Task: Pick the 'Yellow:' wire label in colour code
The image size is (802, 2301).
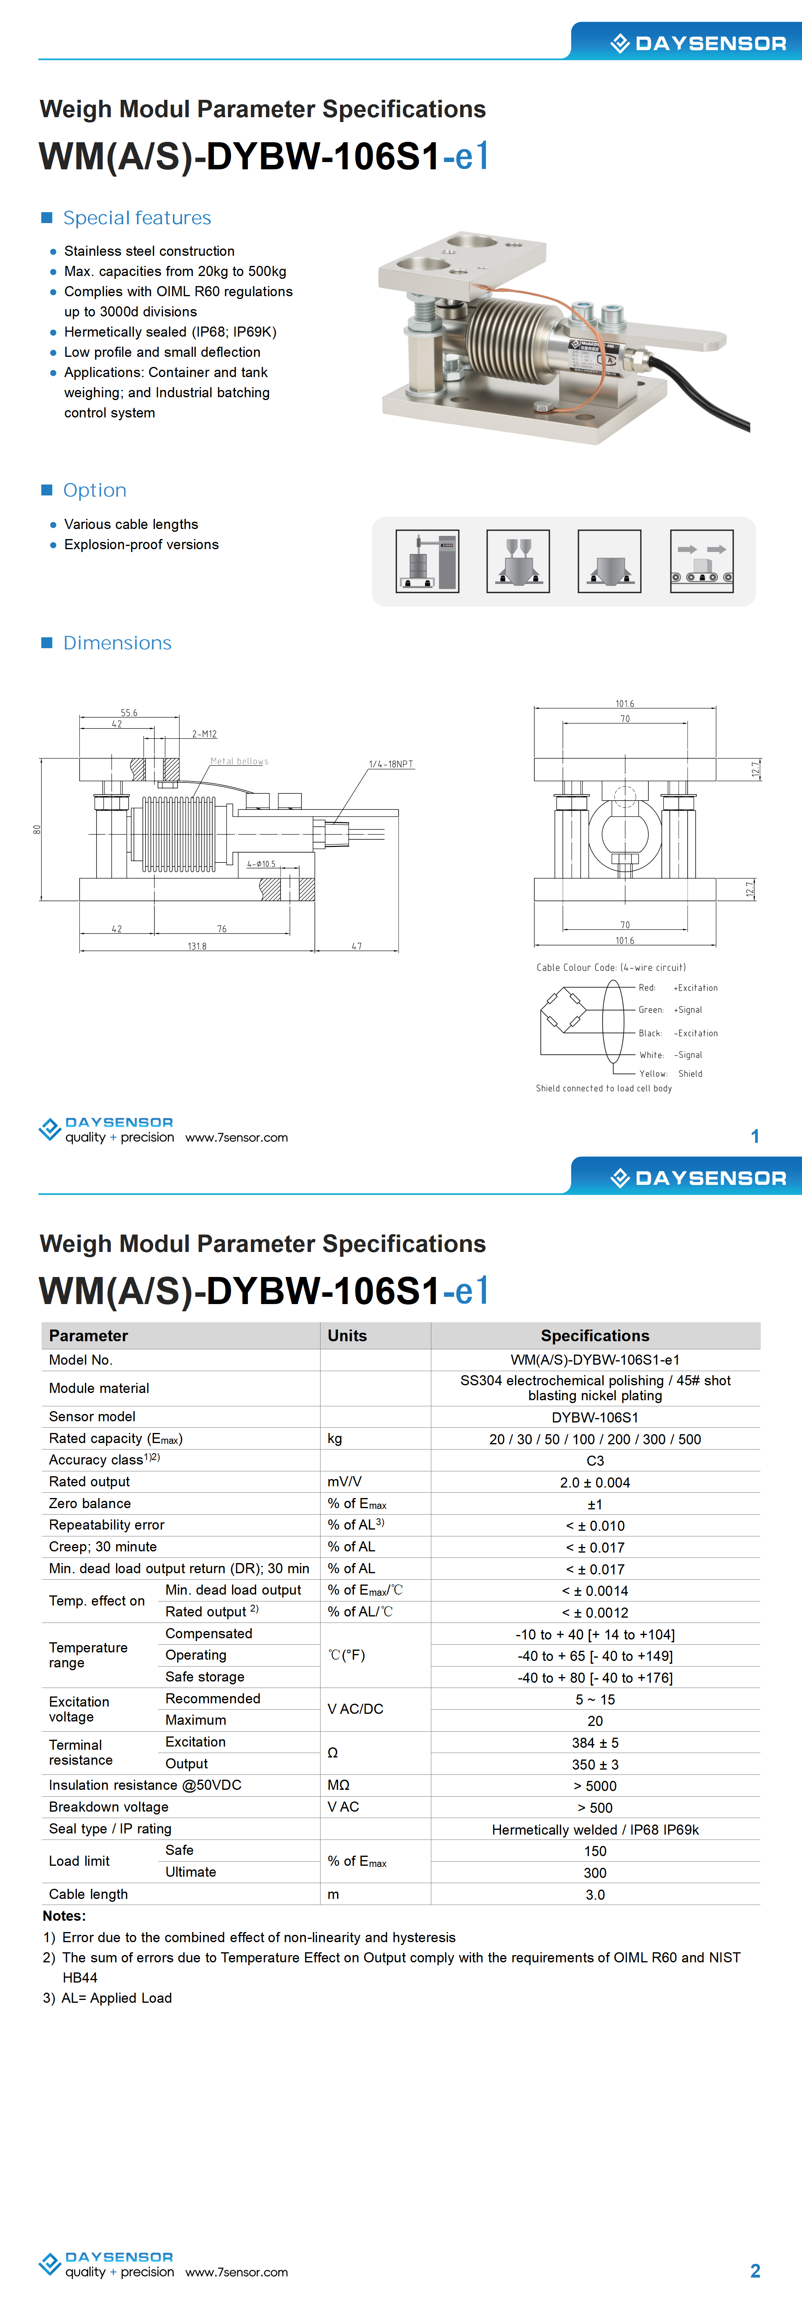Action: pos(653,1074)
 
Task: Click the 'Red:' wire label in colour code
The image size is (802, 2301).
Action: pos(647,988)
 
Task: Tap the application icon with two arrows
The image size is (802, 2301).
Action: pos(702,561)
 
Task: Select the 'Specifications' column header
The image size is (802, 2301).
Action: pos(595,1336)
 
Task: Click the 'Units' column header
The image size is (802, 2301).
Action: pos(347,1336)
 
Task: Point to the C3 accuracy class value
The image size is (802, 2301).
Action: pos(595,1460)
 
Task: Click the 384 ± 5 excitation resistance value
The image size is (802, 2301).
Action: pos(595,1743)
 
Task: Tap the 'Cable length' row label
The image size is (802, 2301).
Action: pos(89,1894)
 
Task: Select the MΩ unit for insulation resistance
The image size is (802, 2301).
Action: pos(338,1786)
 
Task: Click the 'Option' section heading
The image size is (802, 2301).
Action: pos(95,491)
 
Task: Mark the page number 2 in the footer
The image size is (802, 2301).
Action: pos(755,2271)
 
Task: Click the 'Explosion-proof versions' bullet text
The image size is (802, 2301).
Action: pos(141,545)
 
